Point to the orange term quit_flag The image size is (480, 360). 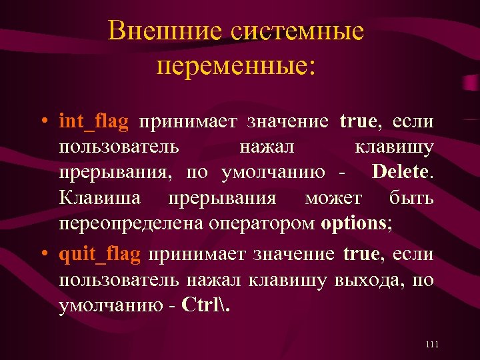point(99,255)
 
